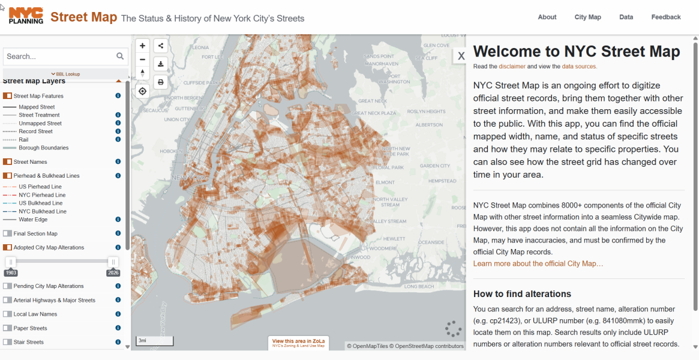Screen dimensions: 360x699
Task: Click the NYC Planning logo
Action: [26, 16]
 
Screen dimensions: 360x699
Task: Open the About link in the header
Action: [547, 17]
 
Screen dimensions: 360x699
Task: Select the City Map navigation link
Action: [587, 17]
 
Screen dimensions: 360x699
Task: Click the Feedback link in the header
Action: [666, 17]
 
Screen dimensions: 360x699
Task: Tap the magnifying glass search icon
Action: [121, 56]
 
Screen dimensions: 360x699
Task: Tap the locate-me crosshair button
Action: [142, 91]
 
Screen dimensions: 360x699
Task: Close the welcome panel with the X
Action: [461, 56]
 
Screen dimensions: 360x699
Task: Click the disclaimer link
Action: [512, 67]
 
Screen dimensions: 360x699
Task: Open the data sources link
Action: [579, 67]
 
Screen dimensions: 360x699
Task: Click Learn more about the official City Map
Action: [538, 264]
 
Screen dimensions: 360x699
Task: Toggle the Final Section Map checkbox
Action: [7, 234]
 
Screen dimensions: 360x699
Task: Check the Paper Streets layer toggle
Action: [7, 328]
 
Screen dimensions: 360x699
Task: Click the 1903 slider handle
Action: [11, 262]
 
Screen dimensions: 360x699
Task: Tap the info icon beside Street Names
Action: [118, 161]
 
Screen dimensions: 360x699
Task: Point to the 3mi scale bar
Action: [155, 341]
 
